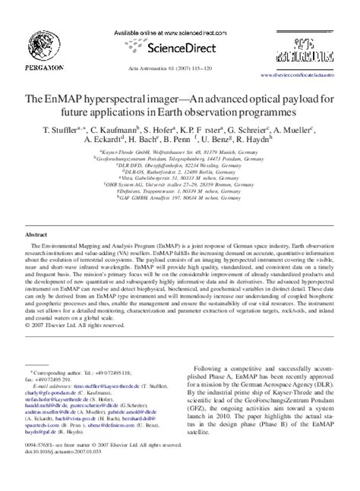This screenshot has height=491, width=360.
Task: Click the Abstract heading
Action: click(x=37, y=235)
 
